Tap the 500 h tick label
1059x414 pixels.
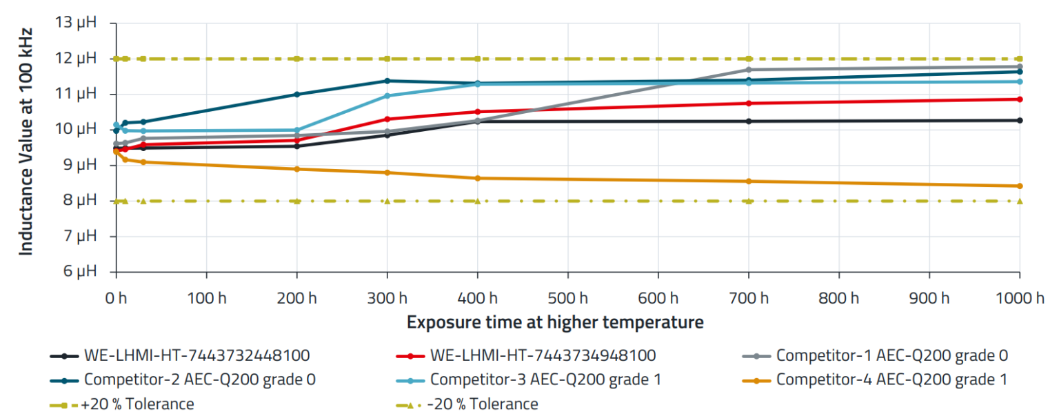pos(567,299)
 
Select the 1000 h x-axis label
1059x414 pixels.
pos(1020,299)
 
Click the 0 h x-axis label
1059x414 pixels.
pos(116,299)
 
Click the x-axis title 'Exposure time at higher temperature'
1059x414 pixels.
pos(555,322)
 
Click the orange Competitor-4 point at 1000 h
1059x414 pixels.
pos(1020,186)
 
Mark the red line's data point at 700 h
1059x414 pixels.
pos(749,103)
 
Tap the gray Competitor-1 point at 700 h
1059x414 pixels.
pos(749,70)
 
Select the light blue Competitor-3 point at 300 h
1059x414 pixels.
pos(387,96)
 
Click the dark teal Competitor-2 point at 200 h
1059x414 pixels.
pos(296,95)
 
